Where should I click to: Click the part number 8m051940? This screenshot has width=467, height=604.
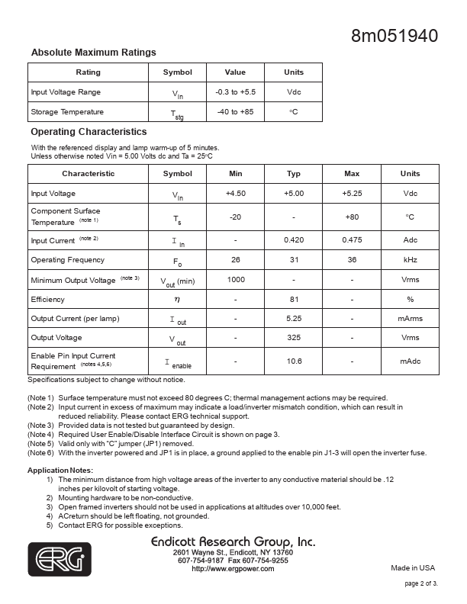click(395, 36)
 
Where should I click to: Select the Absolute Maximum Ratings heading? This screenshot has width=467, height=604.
click(93, 53)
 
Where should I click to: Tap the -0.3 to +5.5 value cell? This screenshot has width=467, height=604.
click(235, 92)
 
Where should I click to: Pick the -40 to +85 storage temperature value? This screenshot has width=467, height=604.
click(235, 111)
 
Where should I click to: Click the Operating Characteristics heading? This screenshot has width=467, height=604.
click(89, 132)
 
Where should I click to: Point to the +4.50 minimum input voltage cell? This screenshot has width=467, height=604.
click(236, 194)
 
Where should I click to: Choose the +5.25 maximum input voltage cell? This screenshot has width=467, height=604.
click(352, 194)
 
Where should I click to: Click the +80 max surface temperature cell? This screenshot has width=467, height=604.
click(352, 217)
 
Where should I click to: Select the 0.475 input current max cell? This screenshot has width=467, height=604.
click(352, 240)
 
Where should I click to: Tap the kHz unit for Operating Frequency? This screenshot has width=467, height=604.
click(410, 260)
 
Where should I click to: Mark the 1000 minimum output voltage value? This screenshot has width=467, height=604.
click(236, 280)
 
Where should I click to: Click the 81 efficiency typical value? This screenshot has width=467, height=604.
click(294, 300)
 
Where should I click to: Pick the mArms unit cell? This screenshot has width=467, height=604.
click(410, 319)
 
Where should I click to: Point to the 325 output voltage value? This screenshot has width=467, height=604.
click(294, 338)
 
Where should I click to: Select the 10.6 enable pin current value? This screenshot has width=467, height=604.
click(294, 361)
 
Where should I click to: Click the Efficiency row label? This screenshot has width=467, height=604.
click(48, 300)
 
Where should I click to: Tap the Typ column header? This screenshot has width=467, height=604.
click(294, 174)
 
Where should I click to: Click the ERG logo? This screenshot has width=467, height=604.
click(60, 559)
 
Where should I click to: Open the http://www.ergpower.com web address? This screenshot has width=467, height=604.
click(233, 569)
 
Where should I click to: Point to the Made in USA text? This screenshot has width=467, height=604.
click(413, 568)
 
